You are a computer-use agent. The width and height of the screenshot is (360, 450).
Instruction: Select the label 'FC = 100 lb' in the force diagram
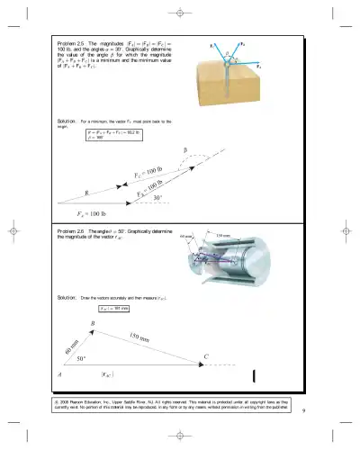[148, 170]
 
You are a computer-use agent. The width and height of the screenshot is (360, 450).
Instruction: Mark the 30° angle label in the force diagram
[157, 198]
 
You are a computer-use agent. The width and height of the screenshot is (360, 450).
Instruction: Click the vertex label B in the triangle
[93, 324]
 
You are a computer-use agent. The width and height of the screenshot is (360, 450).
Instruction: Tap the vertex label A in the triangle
[59, 374]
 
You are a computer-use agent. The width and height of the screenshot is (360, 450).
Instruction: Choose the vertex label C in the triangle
[206, 356]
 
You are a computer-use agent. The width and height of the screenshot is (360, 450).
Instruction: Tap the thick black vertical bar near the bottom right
[256, 375]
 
